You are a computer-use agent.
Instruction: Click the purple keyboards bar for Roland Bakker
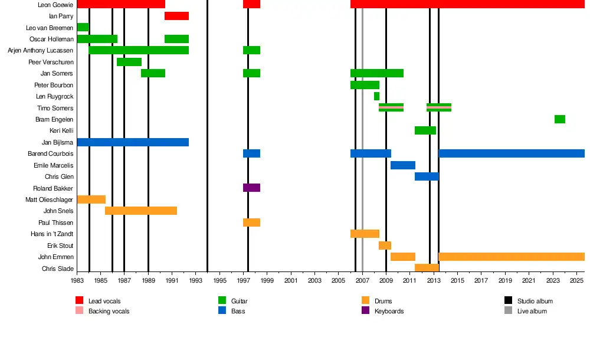[x=251, y=188]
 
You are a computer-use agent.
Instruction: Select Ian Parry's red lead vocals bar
[x=176, y=16]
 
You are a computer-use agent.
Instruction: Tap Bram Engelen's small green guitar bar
[x=559, y=119]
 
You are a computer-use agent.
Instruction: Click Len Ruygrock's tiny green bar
[x=376, y=96]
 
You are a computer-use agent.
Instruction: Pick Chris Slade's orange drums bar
[x=427, y=268]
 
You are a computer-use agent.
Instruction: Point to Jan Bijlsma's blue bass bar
[x=133, y=142]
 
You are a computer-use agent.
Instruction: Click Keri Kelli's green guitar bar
[x=425, y=130]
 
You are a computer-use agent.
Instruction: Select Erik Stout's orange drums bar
[x=385, y=246]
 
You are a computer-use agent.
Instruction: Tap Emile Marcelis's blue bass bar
[x=402, y=165]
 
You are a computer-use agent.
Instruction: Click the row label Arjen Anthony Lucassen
[x=40, y=51]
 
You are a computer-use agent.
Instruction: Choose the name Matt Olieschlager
[x=49, y=199]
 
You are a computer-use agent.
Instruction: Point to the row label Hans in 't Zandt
[x=52, y=234]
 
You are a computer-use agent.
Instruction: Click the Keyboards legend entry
[x=389, y=311]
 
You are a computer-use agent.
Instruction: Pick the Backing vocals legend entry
[x=109, y=311]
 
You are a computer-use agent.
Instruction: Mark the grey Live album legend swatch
[x=508, y=310]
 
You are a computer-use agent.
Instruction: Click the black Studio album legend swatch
[x=508, y=301]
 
